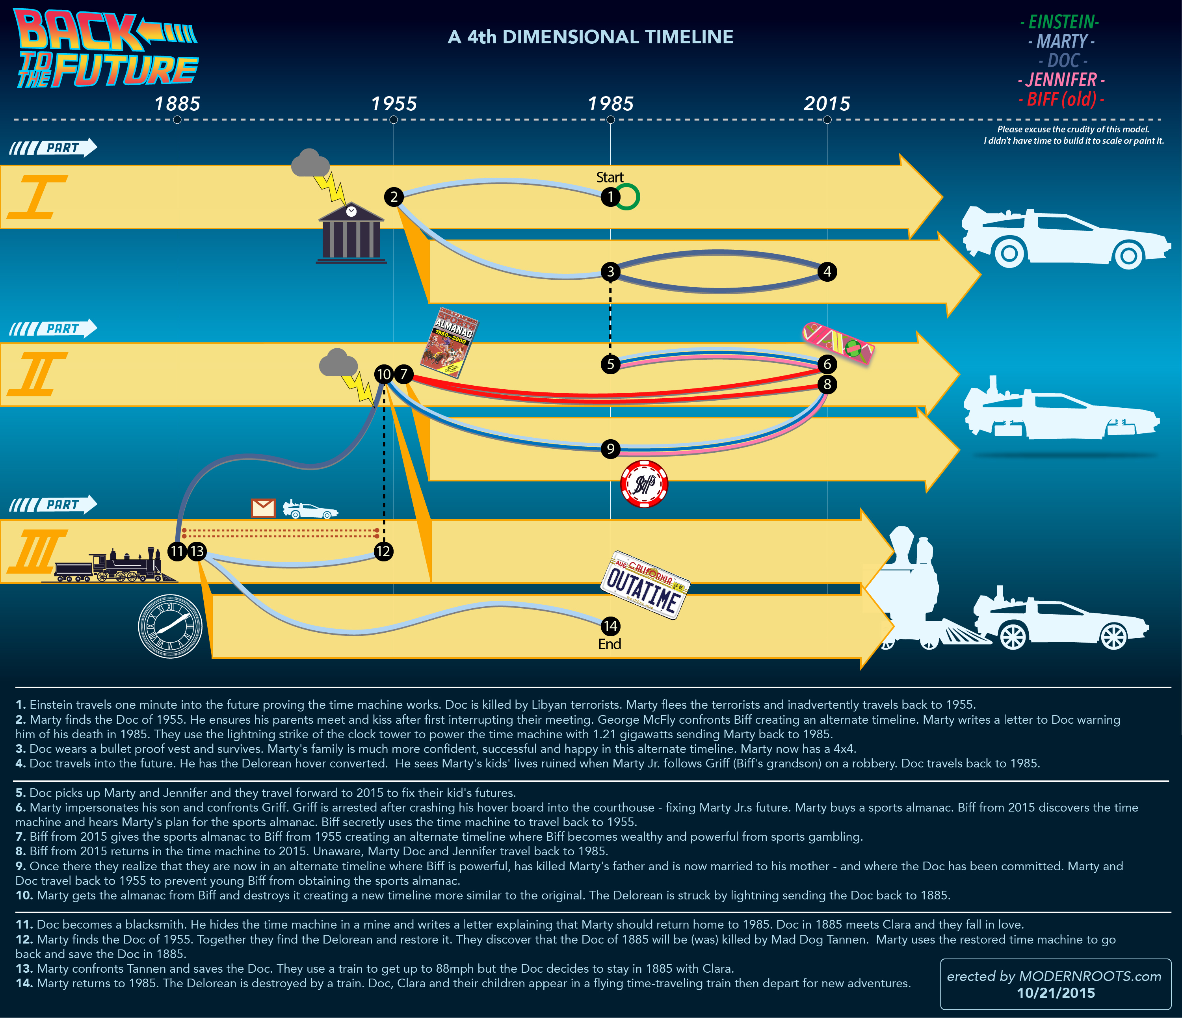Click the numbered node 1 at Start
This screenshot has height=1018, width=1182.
click(610, 197)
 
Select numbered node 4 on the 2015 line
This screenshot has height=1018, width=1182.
click(827, 271)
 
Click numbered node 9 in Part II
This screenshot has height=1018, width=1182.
click(610, 449)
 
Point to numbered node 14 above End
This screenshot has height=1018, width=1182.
click(610, 626)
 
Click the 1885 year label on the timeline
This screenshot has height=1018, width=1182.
click(177, 104)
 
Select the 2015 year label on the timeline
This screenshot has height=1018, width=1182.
click(827, 104)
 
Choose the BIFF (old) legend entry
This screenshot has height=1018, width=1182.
click(1061, 100)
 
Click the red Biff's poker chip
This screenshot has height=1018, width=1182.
click(644, 484)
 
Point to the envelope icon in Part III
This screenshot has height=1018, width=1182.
click(263, 507)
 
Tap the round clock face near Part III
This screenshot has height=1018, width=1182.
click(170, 626)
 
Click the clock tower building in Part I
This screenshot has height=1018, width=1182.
click(351, 234)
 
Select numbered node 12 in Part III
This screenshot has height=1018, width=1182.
click(383, 552)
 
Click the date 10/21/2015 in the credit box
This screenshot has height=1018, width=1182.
click(1056, 993)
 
